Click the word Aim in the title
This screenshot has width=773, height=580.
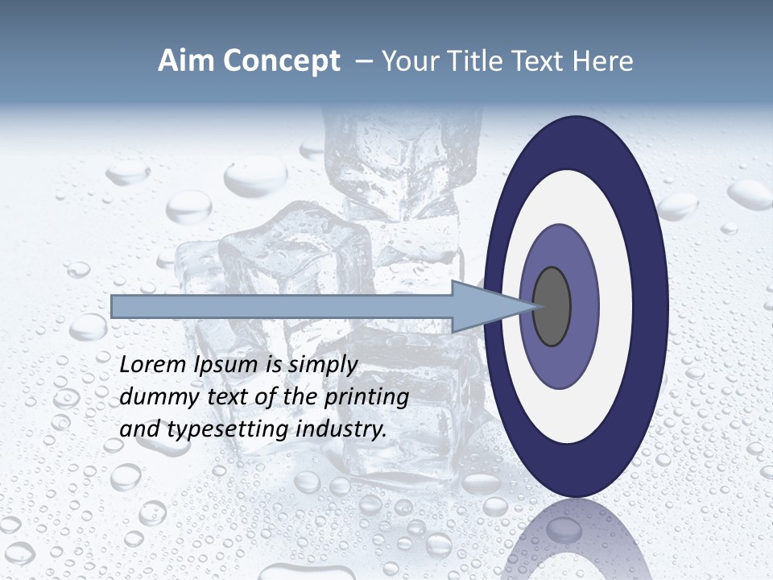186,61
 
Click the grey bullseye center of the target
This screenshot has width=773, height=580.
552,307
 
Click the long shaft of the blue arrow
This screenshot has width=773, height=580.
282,307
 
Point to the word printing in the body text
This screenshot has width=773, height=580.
366,397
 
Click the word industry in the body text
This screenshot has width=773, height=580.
341,429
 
